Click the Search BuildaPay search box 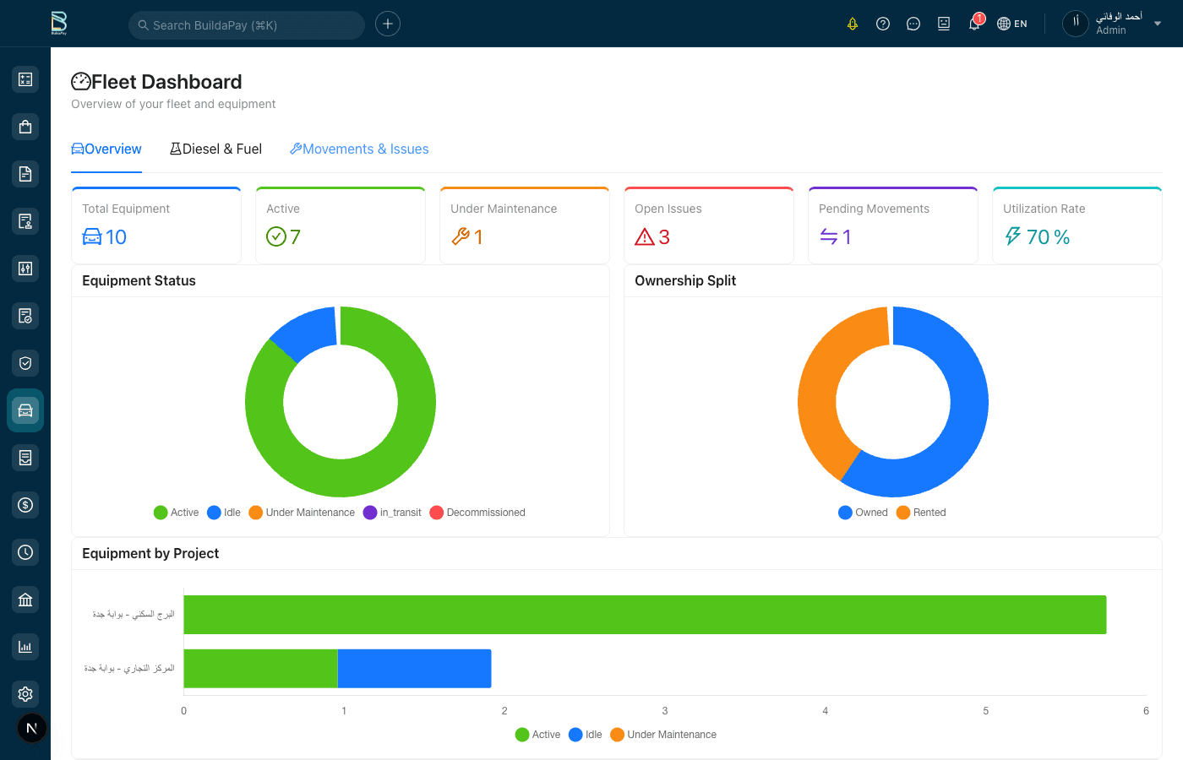click(x=246, y=25)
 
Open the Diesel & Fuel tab click(x=216, y=149)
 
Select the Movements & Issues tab click(x=359, y=149)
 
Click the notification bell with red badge click(x=974, y=24)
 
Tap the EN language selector click(x=1012, y=24)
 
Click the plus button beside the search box click(x=388, y=24)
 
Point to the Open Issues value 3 click(x=663, y=237)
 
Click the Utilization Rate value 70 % click(x=1048, y=237)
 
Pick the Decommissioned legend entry click(x=477, y=513)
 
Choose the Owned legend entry click(x=863, y=513)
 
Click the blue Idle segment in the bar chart click(x=414, y=669)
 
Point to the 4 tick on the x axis click(x=825, y=711)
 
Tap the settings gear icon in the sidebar click(x=25, y=694)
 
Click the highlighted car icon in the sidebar click(x=25, y=410)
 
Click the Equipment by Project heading click(x=150, y=554)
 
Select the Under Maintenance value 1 click(x=477, y=237)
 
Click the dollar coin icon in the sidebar click(x=25, y=505)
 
